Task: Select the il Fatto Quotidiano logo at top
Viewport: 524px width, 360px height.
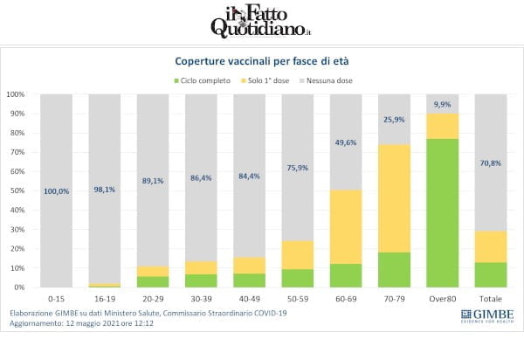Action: (x=262, y=21)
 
